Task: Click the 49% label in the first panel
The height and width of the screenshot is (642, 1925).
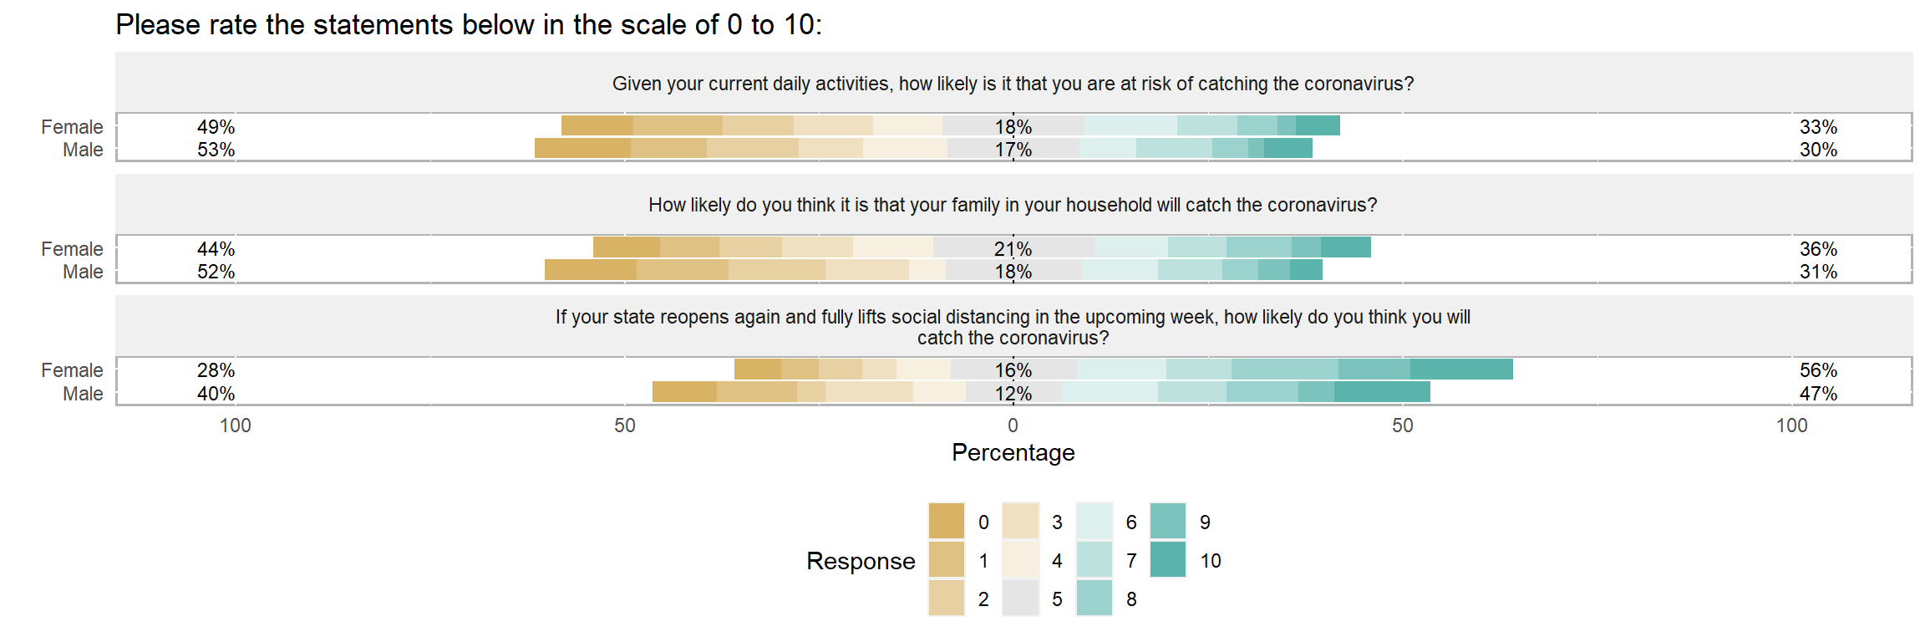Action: tap(216, 127)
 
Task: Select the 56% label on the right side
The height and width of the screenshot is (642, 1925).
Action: tap(1818, 370)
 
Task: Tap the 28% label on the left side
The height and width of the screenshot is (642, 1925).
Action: tap(216, 370)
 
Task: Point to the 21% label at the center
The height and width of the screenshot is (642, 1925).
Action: tap(1013, 249)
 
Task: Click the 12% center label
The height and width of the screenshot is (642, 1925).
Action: tap(1013, 394)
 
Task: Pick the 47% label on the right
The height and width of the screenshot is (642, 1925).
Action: tap(1818, 394)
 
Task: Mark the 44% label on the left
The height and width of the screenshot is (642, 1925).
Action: tap(216, 249)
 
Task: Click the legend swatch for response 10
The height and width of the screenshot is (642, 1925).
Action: tap(1167, 560)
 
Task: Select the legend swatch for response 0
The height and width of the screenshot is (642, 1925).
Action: tap(946, 522)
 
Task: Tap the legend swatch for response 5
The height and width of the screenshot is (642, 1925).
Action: tap(1020, 599)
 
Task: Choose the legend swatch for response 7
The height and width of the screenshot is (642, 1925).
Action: tap(1094, 560)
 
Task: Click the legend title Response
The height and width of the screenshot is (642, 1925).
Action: tap(861, 561)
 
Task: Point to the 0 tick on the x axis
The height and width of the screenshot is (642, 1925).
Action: tap(1013, 425)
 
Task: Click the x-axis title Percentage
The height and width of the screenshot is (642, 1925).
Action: tap(1013, 453)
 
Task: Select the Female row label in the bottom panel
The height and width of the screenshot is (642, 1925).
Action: tap(72, 370)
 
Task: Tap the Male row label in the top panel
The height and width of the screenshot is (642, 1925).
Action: tap(83, 150)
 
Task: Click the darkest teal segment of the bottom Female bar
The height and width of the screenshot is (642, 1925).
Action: tap(1461, 369)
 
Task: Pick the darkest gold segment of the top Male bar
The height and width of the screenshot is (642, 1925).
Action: tap(582, 149)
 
